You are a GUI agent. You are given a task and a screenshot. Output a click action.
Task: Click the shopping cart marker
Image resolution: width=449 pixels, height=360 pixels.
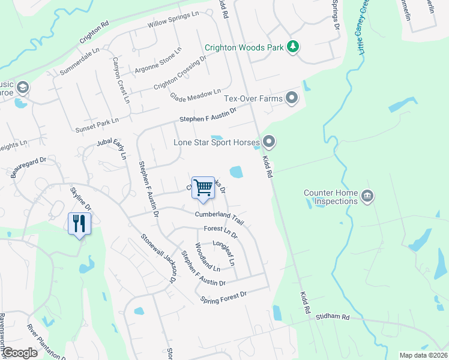203,188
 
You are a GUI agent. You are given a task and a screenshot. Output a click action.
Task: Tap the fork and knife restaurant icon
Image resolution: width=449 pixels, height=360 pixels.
79,224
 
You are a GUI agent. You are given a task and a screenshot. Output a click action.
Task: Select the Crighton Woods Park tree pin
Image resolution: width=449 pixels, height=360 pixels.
292,47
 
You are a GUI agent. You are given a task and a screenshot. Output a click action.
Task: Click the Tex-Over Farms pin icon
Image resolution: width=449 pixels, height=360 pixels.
292,97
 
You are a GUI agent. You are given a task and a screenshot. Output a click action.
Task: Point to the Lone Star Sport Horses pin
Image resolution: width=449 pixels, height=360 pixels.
269,142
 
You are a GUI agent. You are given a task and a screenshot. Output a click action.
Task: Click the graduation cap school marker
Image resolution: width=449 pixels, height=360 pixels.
23,88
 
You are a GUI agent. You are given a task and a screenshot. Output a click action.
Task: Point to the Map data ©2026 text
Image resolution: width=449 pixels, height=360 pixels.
423,355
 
